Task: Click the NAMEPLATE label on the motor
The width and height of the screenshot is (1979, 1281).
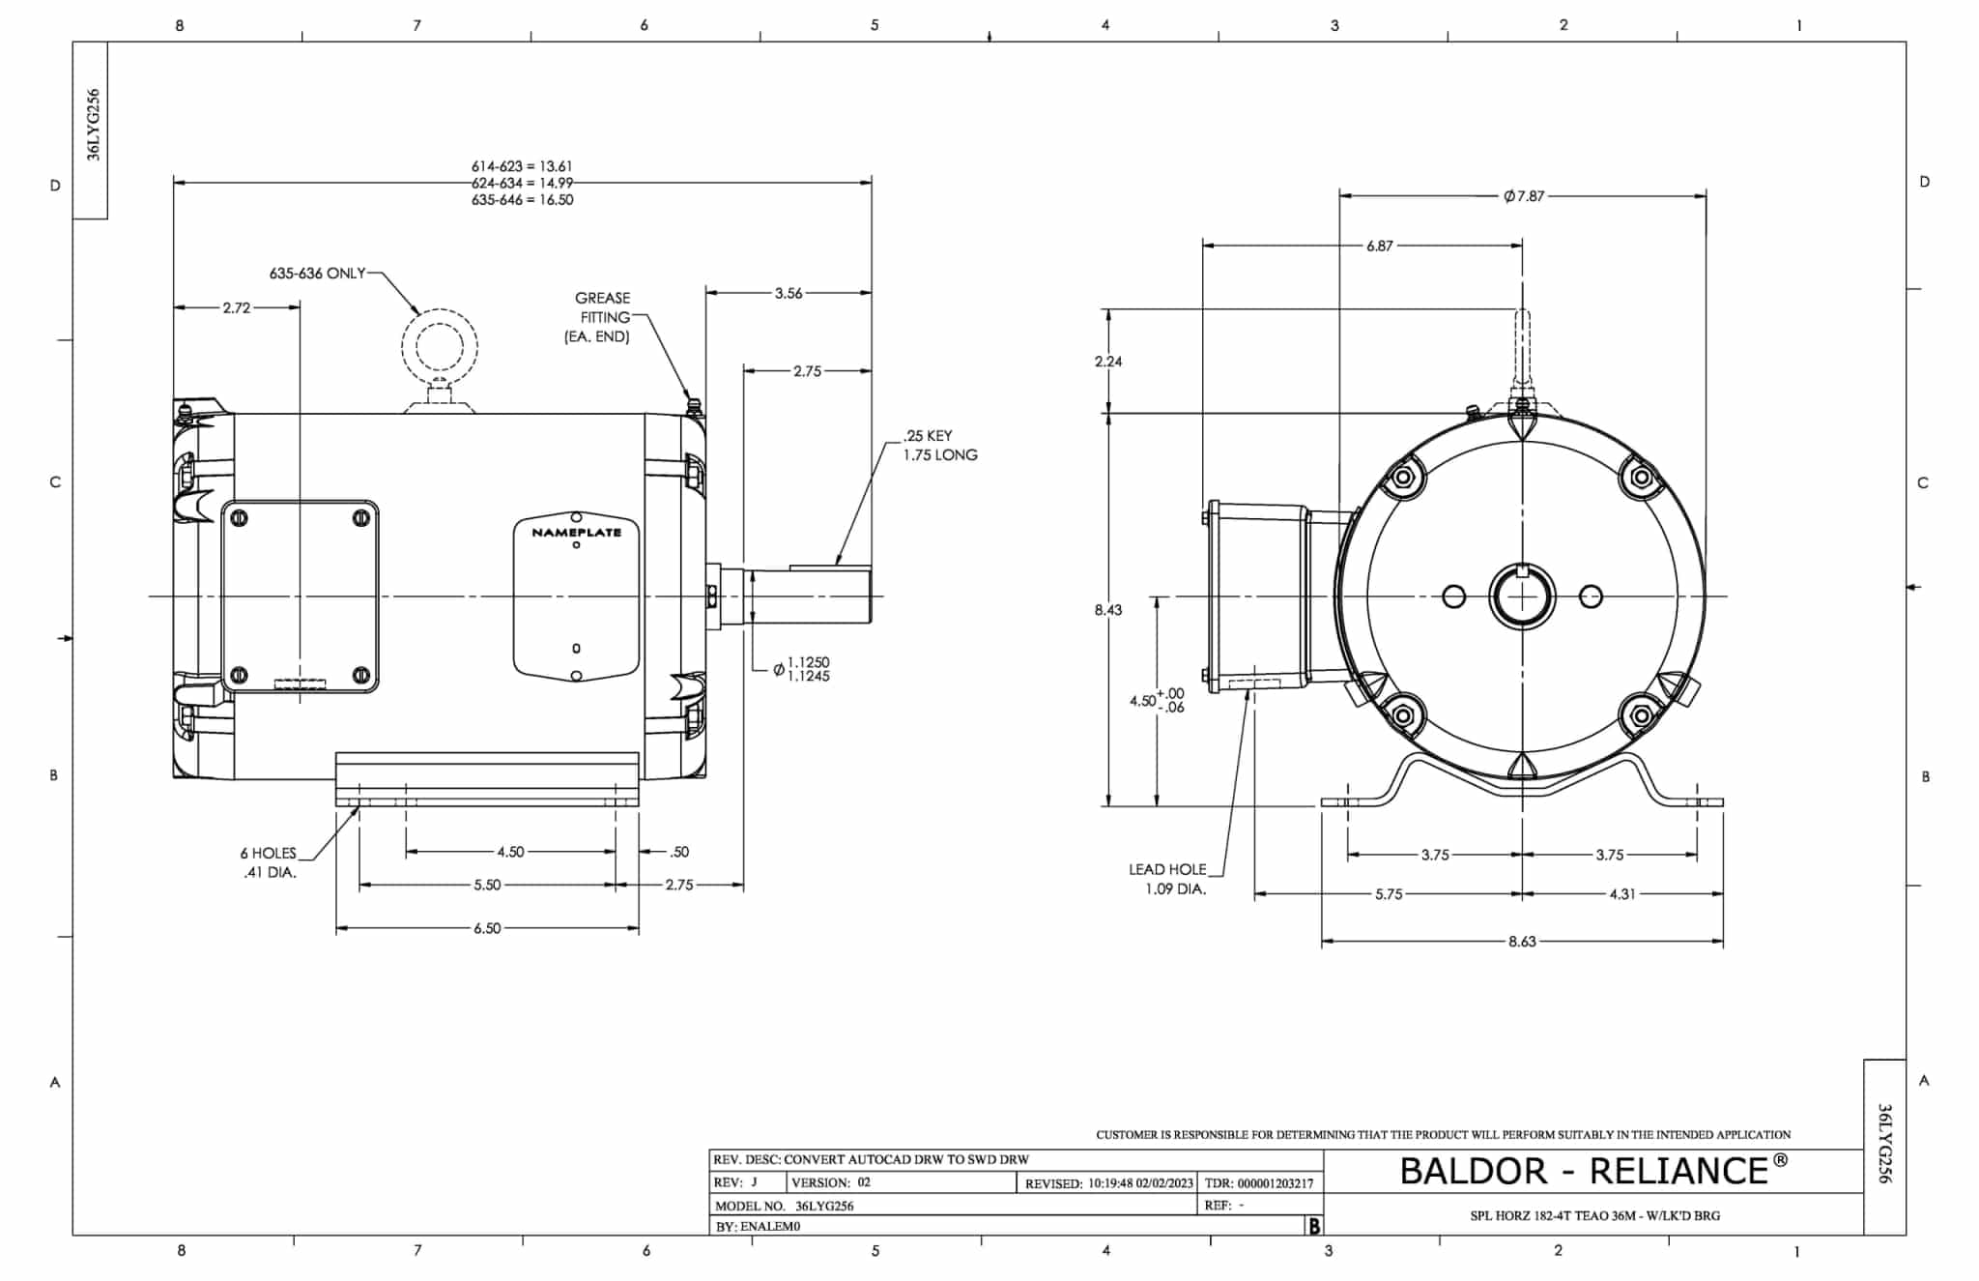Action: coord(576,533)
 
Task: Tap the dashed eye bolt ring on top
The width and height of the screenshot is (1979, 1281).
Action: coord(440,345)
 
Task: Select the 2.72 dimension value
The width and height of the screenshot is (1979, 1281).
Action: coord(237,307)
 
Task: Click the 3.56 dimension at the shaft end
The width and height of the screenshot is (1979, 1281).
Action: coord(789,293)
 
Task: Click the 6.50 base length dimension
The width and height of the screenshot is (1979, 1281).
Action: coord(487,928)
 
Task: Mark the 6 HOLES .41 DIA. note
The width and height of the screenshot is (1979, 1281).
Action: coord(269,862)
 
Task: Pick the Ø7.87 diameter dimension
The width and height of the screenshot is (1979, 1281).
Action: coord(1524,196)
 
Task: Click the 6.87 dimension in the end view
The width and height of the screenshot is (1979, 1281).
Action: coord(1380,246)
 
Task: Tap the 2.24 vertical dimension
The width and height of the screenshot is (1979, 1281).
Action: coord(1108,362)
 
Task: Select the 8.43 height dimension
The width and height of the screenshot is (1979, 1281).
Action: coord(1108,610)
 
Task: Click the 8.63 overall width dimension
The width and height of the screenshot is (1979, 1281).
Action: coord(1522,941)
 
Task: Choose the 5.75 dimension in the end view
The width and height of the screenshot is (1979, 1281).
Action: coord(1389,894)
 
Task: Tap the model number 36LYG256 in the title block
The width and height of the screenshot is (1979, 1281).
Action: coord(824,1206)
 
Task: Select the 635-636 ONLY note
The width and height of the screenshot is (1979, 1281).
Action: coord(317,274)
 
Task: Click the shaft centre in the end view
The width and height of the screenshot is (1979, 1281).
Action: coord(1522,597)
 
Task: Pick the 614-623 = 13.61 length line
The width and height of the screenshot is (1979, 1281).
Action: coord(522,166)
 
